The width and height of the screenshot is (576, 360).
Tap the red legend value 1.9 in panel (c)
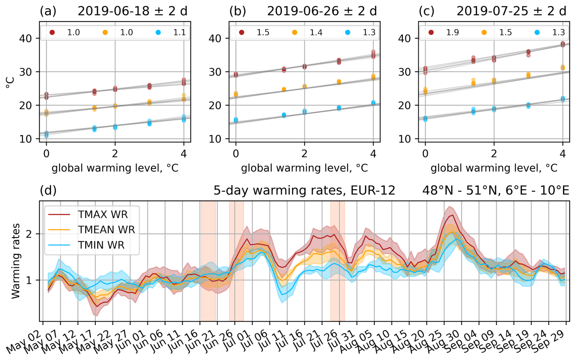[x=452, y=33]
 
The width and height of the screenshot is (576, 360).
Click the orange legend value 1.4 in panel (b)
[x=316, y=33]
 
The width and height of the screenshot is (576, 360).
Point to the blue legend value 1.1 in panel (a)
[x=179, y=33]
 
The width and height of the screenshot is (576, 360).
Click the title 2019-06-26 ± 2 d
[x=322, y=11]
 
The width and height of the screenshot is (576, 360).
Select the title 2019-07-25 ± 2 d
[x=511, y=11]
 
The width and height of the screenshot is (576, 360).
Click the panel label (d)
[x=48, y=190]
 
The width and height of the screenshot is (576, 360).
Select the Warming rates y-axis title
[x=16, y=261]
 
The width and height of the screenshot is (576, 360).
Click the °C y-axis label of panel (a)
[x=10, y=82]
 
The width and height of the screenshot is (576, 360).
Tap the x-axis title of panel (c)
[x=494, y=168]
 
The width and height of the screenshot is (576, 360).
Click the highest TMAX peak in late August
[x=453, y=215]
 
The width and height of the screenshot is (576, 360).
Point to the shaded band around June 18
[x=209, y=261]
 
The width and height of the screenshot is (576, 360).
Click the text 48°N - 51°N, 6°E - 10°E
[x=496, y=190]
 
